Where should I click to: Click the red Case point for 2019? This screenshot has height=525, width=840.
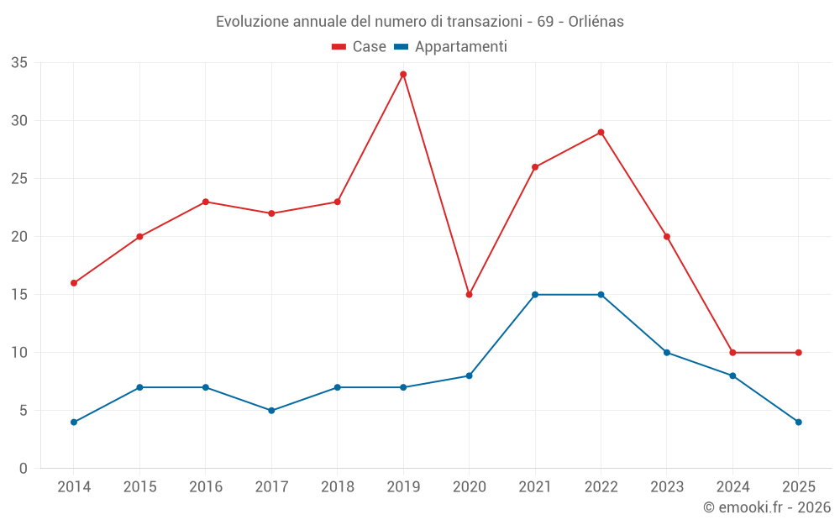[403, 74]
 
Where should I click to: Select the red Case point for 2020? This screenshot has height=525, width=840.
[470, 295]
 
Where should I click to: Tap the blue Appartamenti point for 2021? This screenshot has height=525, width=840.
[535, 295]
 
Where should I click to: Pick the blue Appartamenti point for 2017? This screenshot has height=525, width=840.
[271, 411]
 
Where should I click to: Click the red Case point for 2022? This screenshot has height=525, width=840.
[601, 132]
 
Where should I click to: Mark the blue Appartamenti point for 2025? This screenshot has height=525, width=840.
[799, 423]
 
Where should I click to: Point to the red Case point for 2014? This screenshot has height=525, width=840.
[74, 283]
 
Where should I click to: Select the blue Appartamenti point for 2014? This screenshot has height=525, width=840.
[74, 423]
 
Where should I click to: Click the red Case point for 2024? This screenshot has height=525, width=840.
[732, 353]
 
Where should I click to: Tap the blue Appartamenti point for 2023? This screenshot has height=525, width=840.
[667, 353]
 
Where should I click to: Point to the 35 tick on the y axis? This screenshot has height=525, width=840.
[19, 63]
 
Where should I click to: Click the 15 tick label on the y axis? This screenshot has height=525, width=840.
[19, 295]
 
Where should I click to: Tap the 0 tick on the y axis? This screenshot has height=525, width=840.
[24, 469]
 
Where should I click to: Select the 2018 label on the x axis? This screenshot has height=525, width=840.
[337, 487]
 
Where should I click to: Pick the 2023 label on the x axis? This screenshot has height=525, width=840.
[667, 487]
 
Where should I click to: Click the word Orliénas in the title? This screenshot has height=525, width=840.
[596, 22]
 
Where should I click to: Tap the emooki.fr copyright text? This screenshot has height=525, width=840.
[767, 507]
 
